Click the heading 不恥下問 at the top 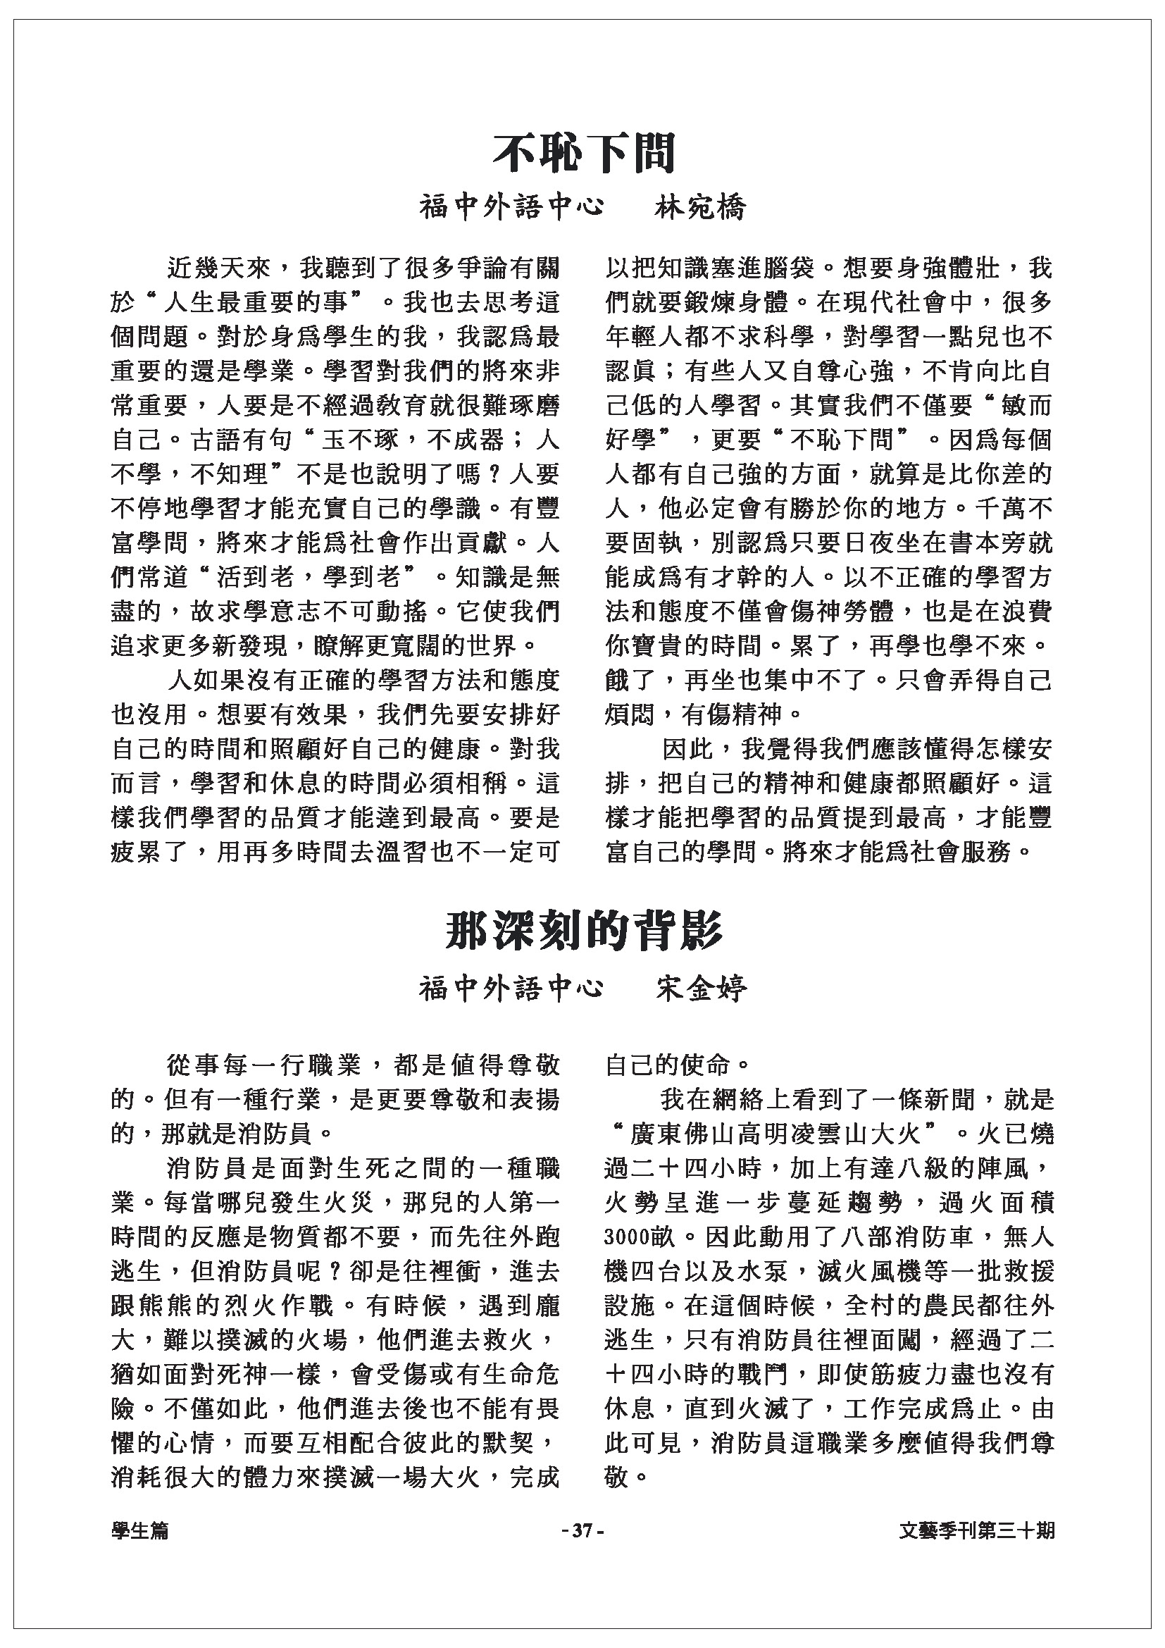point(583,153)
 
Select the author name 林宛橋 point(701,208)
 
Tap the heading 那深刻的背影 point(583,931)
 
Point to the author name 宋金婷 point(701,989)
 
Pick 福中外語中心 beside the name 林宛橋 point(511,208)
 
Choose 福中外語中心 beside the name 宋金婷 point(511,989)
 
